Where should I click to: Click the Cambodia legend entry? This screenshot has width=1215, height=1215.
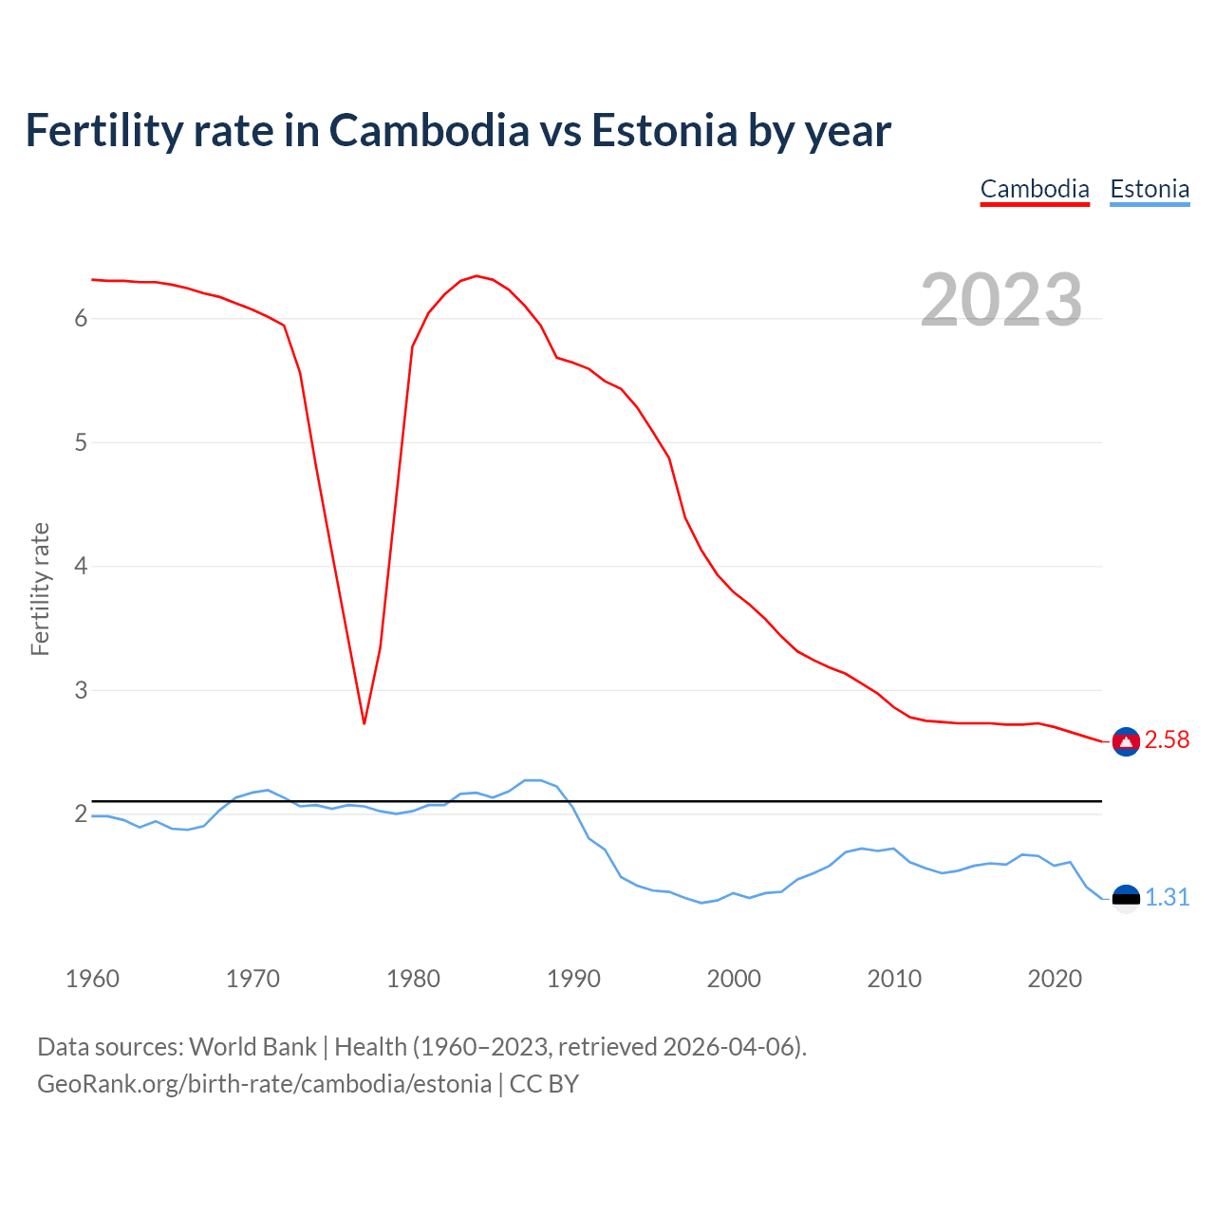coord(1034,189)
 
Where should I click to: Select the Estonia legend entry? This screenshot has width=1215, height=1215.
coord(1150,189)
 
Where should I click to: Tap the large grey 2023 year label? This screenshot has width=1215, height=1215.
coord(1000,300)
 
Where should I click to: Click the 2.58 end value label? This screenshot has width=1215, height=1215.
coord(1167,740)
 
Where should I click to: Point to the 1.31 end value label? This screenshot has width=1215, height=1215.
coord(1167,898)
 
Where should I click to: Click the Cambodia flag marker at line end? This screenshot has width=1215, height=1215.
coord(1126,741)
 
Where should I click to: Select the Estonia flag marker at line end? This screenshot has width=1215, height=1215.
coord(1126,898)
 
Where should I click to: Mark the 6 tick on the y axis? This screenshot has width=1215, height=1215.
coord(81,319)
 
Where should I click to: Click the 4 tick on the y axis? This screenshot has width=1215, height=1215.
coord(81,567)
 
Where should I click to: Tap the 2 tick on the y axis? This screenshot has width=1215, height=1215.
coord(81,814)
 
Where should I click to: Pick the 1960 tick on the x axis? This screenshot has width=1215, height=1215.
coord(92,979)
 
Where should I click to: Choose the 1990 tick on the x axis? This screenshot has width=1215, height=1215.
coord(573,979)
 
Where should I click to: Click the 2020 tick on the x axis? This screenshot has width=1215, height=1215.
coord(1055,979)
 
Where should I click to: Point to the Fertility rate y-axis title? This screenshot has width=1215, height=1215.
coord(40,589)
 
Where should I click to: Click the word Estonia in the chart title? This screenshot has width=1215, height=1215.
coord(664,131)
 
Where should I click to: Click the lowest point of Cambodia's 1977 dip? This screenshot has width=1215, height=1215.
coord(364,723)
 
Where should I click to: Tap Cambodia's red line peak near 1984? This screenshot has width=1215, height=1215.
coord(477,276)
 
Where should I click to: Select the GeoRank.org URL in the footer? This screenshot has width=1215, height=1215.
coord(264,1084)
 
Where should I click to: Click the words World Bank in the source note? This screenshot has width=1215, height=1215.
coord(252,1047)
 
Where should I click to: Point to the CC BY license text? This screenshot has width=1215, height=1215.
coord(544,1084)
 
